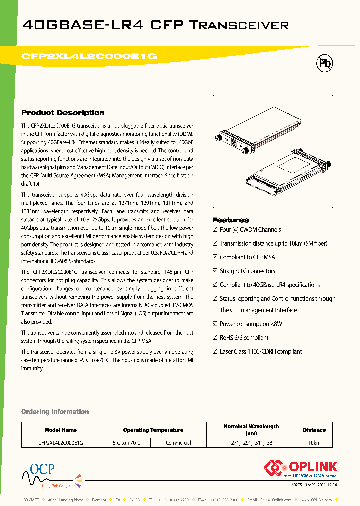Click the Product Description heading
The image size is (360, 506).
point(63,113)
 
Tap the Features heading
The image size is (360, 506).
point(230,220)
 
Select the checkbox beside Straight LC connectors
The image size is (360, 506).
point(215,271)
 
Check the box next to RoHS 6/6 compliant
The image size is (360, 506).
point(215,338)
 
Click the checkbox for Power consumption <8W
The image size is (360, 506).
point(215,324)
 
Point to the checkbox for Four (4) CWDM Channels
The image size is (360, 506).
point(215,230)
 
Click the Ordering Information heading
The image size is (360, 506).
point(55,412)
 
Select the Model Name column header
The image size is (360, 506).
point(61,430)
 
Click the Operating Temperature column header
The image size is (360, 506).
point(153,430)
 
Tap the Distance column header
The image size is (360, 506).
point(314,430)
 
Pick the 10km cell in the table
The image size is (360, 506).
point(314,443)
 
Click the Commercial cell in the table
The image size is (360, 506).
point(178,443)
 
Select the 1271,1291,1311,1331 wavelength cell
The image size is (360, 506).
point(251,443)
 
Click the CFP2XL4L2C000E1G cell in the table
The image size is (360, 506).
point(61,443)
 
